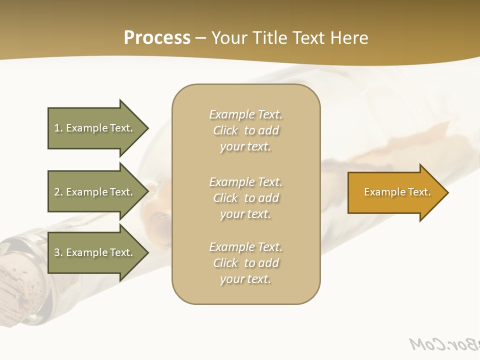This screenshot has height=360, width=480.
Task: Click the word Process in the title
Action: click(x=157, y=38)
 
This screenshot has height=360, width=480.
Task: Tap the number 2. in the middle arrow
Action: click(x=58, y=192)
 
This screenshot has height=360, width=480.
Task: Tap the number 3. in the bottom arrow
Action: click(x=58, y=252)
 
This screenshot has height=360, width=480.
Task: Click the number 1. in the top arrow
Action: click(x=58, y=128)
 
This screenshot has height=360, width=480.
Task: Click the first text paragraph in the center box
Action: click(x=245, y=130)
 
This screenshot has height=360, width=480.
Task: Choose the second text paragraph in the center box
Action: click(x=245, y=198)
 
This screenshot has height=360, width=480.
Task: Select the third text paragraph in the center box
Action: click(x=245, y=263)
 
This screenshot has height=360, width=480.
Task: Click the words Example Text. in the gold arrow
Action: click(x=397, y=192)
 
